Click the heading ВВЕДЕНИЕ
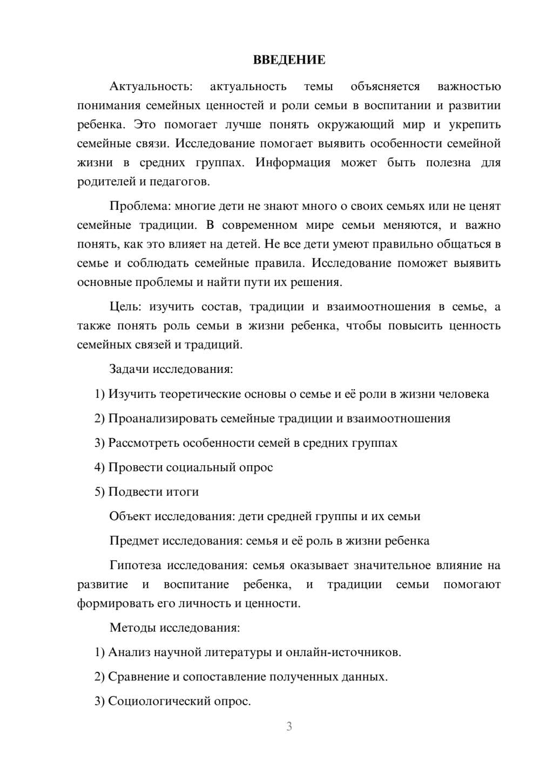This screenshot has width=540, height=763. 289,60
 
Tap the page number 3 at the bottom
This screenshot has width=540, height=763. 289,726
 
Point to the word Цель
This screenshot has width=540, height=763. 125,307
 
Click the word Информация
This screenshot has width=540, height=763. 293,162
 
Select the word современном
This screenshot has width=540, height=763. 259,225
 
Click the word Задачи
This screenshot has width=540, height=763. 129,370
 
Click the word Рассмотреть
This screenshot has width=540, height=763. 144,443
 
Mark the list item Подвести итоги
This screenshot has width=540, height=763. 153,492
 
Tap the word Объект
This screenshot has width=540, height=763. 130,516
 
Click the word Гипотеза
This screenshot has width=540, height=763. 135,566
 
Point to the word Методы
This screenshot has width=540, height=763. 131,628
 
